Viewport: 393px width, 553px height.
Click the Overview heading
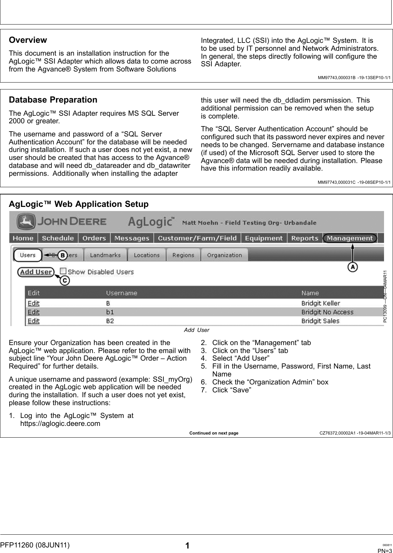(28, 40)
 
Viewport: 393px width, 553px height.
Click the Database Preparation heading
(53, 100)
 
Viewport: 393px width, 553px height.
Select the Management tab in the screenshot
(349, 238)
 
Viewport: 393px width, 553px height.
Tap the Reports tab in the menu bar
(304, 238)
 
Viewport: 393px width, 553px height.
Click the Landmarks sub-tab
(105, 255)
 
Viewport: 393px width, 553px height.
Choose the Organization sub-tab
(224, 255)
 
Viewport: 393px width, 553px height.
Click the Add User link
(36, 272)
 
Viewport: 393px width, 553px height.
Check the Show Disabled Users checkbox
(63, 271)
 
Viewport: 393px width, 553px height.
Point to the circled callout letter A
(352, 267)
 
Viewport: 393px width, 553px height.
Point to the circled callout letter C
(65, 281)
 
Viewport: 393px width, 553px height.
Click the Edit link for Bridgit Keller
(33, 303)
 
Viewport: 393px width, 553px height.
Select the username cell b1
(110, 312)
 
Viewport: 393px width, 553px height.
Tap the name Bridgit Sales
(320, 321)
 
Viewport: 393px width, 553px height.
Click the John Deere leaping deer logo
(26, 222)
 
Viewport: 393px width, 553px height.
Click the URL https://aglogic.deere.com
(60, 423)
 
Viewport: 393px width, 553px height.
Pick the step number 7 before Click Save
(204, 390)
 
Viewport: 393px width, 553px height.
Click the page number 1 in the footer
(187, 546)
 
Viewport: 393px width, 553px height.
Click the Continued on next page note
(213, 433)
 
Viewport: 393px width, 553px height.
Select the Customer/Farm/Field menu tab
(197, 238)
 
